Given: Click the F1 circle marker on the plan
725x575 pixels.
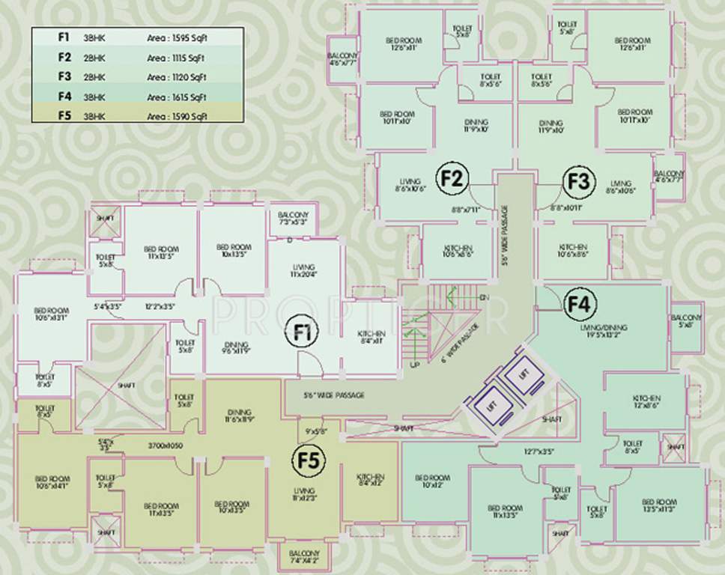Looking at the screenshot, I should [x=303, y=335].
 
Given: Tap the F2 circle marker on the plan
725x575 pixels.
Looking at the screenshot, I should [x=452, y=180].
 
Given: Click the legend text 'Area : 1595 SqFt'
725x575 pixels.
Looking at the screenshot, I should [x=177, y=36].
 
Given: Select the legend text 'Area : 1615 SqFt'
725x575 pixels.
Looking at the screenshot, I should [x=177, y=97].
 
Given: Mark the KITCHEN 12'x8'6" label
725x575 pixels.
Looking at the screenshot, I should [x=646, y=402].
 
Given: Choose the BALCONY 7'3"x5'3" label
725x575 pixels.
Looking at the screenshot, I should [x=294, y=219].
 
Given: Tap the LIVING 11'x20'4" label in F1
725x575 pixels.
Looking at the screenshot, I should [x=304, y=271].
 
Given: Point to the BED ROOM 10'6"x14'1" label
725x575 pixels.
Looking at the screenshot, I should [x=51, y=482].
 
